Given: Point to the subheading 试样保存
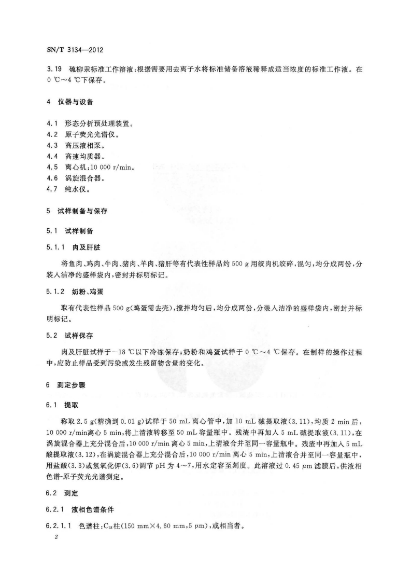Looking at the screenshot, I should click(79, 336).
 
